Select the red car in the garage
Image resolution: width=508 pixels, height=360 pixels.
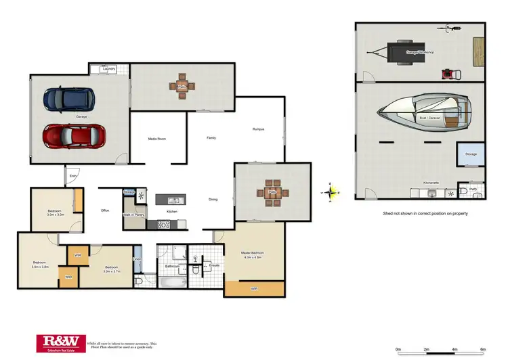pyautogui.click(x=75, y=135)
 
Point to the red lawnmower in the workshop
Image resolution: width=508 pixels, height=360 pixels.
pyautogui.click(x=446, y=73)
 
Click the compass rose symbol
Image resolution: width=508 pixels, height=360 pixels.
pyautogui.click(x=330, y=193)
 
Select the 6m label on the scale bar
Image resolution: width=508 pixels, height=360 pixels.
pyautogui.click(x=483, y=349)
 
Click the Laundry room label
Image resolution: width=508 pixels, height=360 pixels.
pyautogui.click(x=108, y=69)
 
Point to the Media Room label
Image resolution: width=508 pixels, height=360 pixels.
pyautogui.click(x=157, y=139)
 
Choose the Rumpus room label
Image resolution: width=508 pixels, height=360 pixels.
pyautogui.click(x=258, y=129)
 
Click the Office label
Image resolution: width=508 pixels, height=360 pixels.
pyautogui.click(x=105, y=210)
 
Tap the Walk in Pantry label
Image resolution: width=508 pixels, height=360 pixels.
pyautogui.click(x=133, y=215)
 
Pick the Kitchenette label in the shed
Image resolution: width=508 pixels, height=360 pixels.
pyautogui.click(x=431, y=183)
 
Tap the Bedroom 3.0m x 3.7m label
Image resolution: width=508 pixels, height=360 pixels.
pyautogui.click(x=112, y=269)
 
